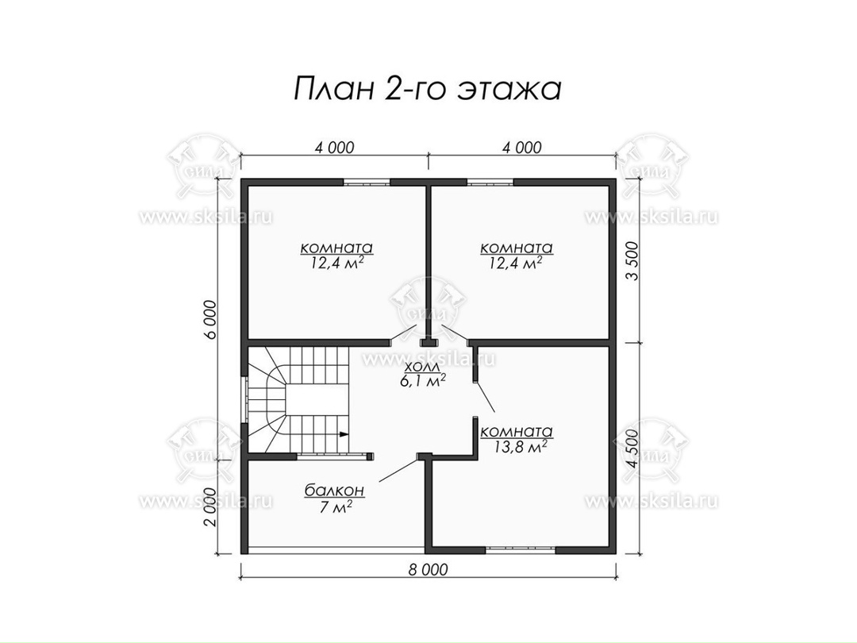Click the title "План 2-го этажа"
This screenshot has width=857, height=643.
point(428,89)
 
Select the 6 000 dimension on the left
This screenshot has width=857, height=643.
point(213,319)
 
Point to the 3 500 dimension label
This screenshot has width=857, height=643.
point(632,261)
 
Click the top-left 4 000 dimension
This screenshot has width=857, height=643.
point(335,148)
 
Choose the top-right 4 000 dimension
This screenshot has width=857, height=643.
point(522,148)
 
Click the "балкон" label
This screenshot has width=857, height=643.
point(334,491)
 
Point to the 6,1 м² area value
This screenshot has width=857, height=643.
point(422,381)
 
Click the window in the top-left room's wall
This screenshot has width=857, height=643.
point(367,183)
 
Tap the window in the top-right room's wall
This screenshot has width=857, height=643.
point(490,183)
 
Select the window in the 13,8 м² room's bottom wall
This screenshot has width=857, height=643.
point(521,549)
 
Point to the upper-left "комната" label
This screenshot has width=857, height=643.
point(336,248)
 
